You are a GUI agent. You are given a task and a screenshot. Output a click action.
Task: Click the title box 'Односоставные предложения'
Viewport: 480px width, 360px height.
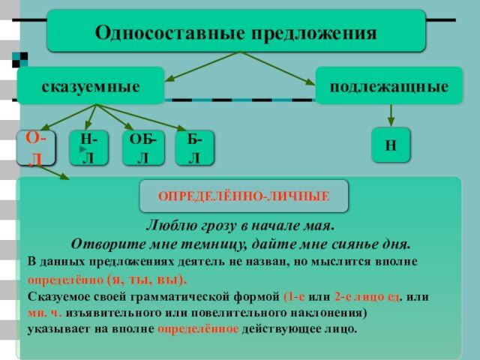coord(236,31)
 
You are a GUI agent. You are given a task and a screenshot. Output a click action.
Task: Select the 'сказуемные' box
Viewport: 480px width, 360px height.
coord(91,85)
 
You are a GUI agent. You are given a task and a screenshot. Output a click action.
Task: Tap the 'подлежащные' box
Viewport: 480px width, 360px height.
coord(389,85)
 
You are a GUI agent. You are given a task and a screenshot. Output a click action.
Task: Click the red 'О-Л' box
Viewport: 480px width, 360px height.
coord(36,148)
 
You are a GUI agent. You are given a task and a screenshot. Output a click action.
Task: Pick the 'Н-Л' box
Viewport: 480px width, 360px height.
coord(88,148)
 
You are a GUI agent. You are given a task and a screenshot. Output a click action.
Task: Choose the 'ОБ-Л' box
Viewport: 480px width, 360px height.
coord(143,148)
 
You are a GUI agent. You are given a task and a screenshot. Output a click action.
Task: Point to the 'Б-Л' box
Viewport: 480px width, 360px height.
coord(195,148)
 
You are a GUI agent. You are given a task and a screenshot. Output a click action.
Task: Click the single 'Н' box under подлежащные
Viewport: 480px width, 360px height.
coord(391,145)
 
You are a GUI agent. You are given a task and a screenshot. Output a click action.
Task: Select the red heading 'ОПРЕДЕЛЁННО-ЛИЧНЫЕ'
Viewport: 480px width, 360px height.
coord(244,196)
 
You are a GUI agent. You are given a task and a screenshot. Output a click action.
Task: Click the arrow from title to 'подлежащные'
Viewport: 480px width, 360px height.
coord(277,68)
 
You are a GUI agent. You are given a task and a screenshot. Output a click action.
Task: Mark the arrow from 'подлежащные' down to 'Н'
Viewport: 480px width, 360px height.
coord(391,115)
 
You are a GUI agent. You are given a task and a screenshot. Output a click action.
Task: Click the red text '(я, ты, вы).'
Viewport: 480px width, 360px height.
coord(147,280)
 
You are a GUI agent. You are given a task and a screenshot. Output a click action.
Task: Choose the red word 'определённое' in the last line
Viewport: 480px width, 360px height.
coord(198,329)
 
